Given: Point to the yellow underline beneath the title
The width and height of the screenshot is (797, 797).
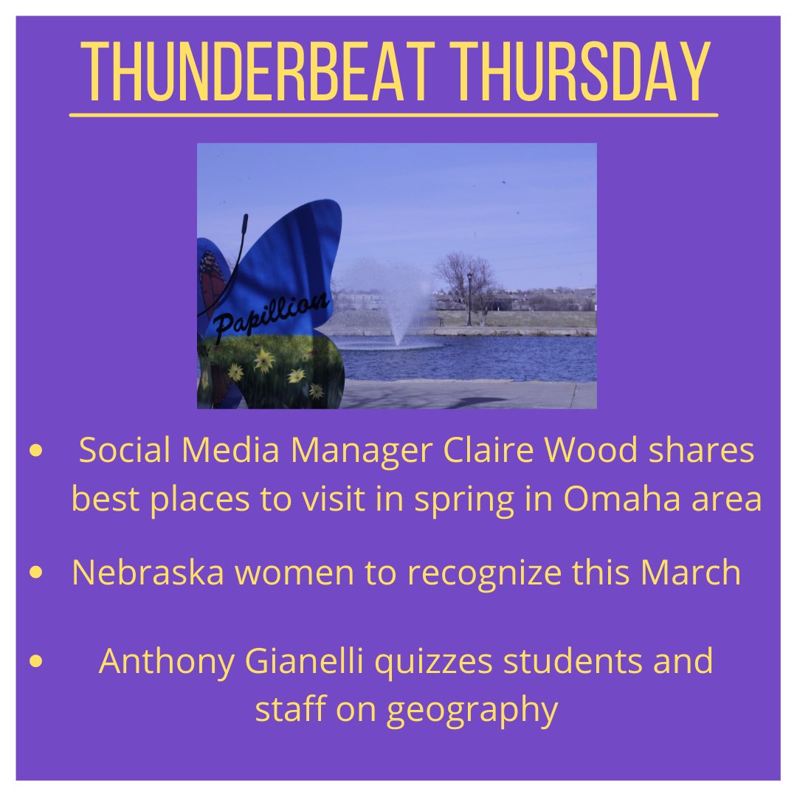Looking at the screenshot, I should point(393,115).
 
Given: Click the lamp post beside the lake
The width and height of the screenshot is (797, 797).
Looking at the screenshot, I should point(469,299).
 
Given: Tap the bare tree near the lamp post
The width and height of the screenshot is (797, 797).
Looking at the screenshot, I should point(461,277).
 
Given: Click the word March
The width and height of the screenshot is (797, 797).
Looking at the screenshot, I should point(695,573).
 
